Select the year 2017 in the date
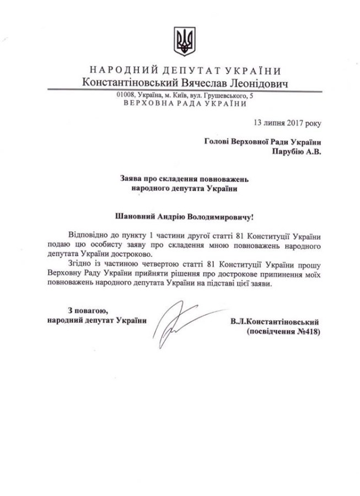pyautogui.click(x=285, y=123)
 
